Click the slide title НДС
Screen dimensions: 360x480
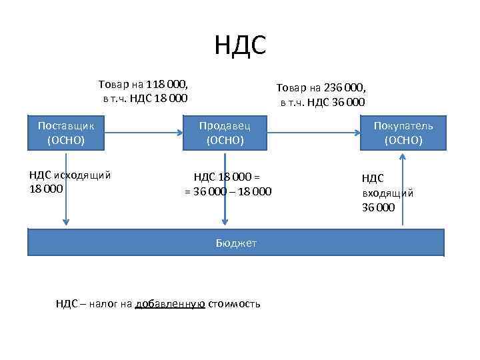tap(240, 45)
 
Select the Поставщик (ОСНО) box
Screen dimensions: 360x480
tap(66, 133)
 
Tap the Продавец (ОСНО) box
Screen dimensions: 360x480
tap(225, 133)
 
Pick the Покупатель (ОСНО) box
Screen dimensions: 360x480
tap(403, 133)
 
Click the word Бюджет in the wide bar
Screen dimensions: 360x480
tap(236, 243)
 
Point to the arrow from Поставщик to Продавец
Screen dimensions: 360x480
tap(144, 133)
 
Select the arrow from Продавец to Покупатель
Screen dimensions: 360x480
tap(314, 133)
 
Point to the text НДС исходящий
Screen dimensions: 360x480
tap(69, 175)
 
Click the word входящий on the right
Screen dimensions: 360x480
tap(387, 193)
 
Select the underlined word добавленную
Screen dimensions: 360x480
tap(169, 304)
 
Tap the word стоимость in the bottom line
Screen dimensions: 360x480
tap(234, 304)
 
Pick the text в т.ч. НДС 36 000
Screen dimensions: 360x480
tap(322, 102)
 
